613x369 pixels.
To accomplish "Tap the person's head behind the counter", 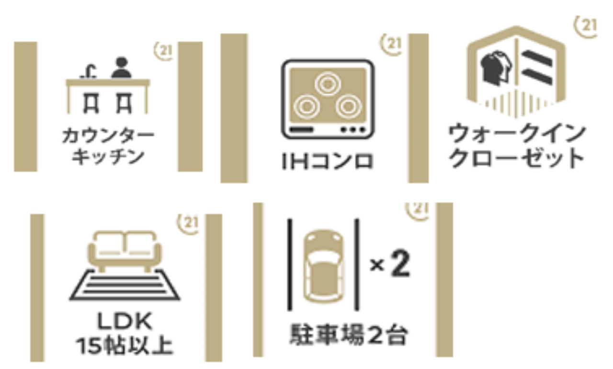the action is click(122, 62).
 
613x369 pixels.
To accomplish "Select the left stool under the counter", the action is click(91, 103).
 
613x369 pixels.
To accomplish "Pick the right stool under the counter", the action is click(124, 103).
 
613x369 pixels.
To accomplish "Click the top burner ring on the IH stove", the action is click(328, 84).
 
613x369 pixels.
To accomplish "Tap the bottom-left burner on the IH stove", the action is click(307, 107).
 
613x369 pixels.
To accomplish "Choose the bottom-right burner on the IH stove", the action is click(349, 107).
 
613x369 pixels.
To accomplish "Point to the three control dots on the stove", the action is click(353, 129).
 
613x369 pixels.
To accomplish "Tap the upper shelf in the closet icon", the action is click(537, 58).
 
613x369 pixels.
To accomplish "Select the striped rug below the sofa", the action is click(125, 285).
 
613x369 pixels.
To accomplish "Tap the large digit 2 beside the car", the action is click(400, 263).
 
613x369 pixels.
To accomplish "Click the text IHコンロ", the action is click(327, 161).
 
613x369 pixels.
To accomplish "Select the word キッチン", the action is click(108, 157).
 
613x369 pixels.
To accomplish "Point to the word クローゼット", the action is click(516, 158).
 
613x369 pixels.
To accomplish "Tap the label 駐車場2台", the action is click(349, 335).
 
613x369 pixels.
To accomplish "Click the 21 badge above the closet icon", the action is click(586, 26).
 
